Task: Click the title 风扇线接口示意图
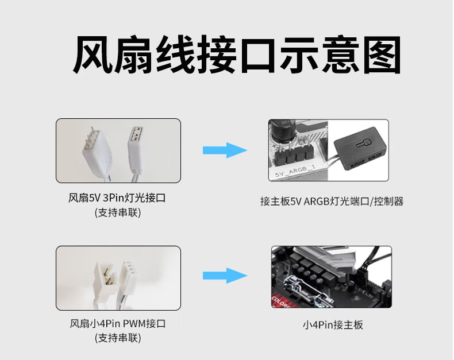point(236,56)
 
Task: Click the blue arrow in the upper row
point(225,151)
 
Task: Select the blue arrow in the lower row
point(225,276)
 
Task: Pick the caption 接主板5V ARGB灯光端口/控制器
point(332,202)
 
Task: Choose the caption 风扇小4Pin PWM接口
point(117,324)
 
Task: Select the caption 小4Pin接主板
point(333,325)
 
